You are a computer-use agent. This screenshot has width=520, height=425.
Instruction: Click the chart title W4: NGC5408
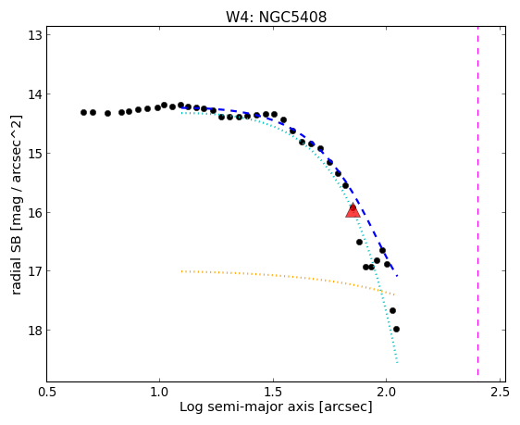277,17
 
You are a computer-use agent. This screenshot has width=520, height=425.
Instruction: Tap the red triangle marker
353,210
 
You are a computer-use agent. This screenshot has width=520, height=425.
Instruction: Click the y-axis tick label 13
35,35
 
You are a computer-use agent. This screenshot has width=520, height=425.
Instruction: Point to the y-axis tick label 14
35,94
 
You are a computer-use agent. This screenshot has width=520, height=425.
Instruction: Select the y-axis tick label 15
35,154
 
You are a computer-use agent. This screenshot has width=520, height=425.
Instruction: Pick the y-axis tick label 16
35,212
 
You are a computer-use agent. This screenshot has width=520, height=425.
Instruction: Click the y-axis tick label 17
35,271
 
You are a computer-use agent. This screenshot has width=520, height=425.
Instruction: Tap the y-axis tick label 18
35,331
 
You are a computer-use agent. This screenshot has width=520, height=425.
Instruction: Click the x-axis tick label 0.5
47,392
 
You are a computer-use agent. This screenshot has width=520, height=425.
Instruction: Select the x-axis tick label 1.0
160,392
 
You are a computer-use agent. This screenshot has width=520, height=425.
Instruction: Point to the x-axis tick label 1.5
273,392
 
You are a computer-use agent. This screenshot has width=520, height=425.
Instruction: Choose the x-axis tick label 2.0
387,392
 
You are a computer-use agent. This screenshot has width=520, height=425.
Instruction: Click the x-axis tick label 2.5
500,392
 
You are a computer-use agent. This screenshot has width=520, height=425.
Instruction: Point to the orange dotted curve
288,276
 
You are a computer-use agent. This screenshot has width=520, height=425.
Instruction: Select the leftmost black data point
83,112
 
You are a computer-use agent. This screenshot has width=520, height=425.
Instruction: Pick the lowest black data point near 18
396,329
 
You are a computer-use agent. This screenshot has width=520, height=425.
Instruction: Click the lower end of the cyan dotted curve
397,363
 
